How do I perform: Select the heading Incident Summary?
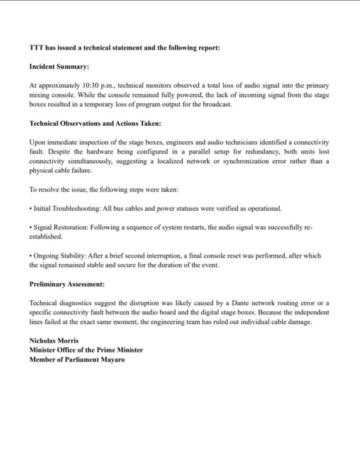point(59,66)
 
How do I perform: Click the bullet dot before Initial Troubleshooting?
point(31,209)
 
